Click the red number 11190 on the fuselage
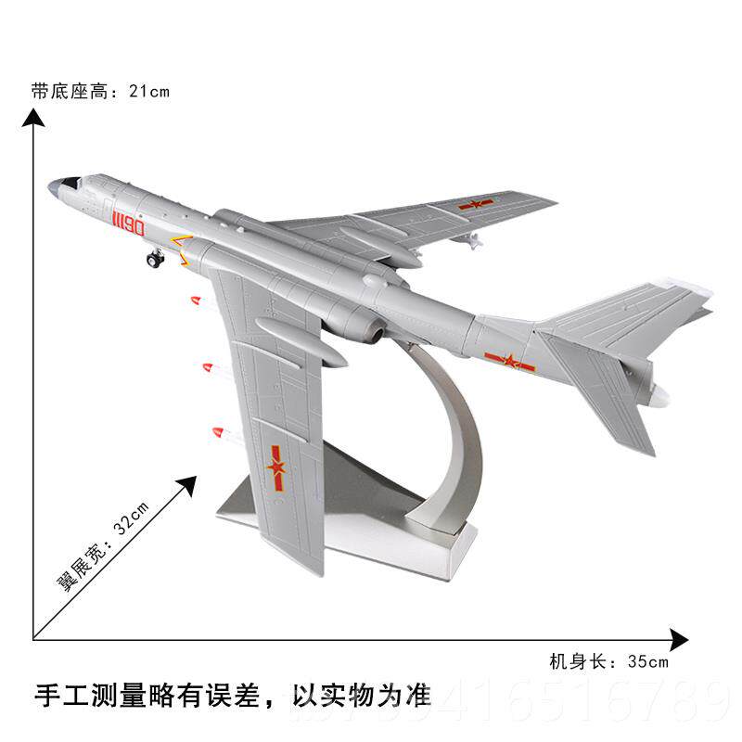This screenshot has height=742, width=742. [x=128, y=224]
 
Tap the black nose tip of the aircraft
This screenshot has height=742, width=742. [x=53, y=185]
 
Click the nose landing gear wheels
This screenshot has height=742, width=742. [x=155, y=260]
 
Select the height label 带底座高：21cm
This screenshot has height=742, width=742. [x=100, y=91]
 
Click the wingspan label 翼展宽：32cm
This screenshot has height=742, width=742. [x=103, y=544]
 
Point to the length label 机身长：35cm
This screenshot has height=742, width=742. [x=608, y=661]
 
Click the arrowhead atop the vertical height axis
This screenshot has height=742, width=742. [x=34, y=117]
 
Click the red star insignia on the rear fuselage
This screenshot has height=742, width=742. [x=509, y=362]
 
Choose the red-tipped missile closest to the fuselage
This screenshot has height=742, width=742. [x=195, y=300]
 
